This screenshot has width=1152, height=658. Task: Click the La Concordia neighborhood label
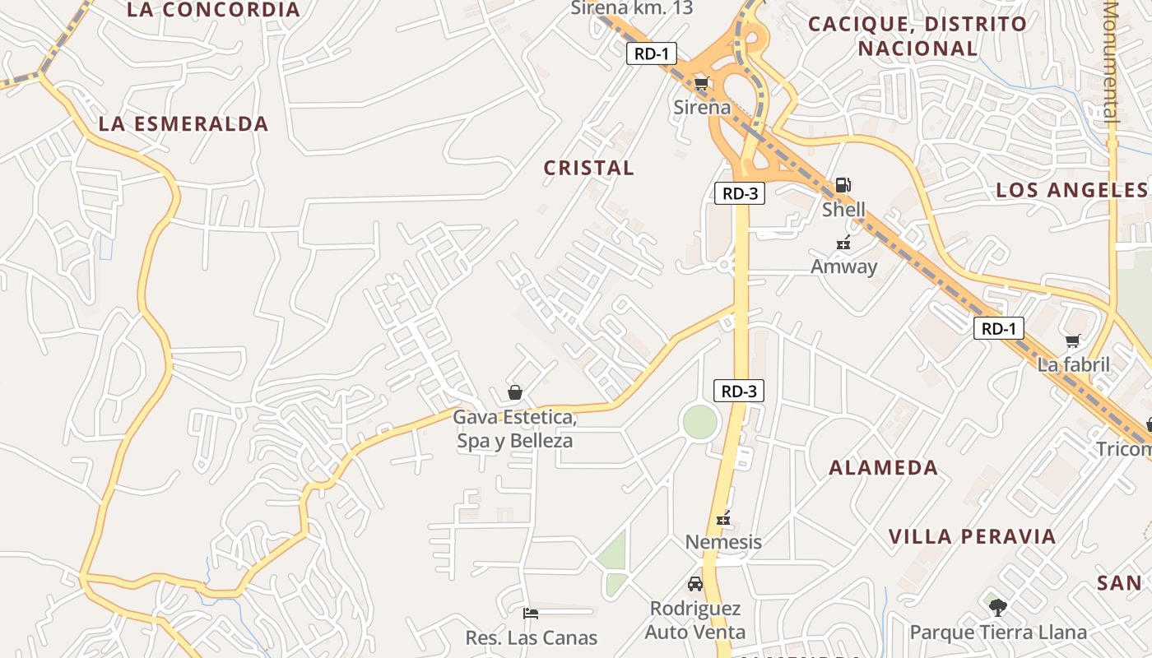(x=214, y=10)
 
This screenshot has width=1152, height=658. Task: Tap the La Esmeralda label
(x=183, y=124)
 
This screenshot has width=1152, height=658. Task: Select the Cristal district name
(x=589, y=168)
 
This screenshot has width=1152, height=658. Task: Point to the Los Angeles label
(x=1071, y=190)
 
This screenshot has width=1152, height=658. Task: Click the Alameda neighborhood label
(x=883, y=468)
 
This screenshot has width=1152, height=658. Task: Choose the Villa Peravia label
(x=972, y=537)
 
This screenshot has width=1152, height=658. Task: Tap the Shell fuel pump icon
(x=843, y=185)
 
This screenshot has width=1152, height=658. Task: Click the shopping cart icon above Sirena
(x=701, y=84)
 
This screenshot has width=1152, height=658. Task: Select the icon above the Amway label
(x=843, y=243)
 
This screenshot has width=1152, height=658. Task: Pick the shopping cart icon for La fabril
(x=1073, y=341)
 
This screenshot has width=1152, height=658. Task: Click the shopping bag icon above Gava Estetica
(x=515, y=392)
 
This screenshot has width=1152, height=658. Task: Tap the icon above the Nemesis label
(x=723, y=518)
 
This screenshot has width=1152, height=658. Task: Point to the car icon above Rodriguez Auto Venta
(x=695, y=584)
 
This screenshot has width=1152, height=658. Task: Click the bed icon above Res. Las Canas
(x=531, y=613)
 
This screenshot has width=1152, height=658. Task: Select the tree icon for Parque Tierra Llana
(x=997, y=608)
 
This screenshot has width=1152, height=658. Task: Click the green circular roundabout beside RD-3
(x=700, y=422)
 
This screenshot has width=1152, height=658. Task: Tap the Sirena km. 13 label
(x=632, y=8)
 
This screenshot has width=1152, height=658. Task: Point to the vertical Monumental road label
(x=1112, y=62)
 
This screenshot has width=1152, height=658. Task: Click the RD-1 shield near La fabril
(x=999, y=329)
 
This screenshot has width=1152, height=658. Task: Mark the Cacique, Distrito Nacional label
(x=917, y=36)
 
